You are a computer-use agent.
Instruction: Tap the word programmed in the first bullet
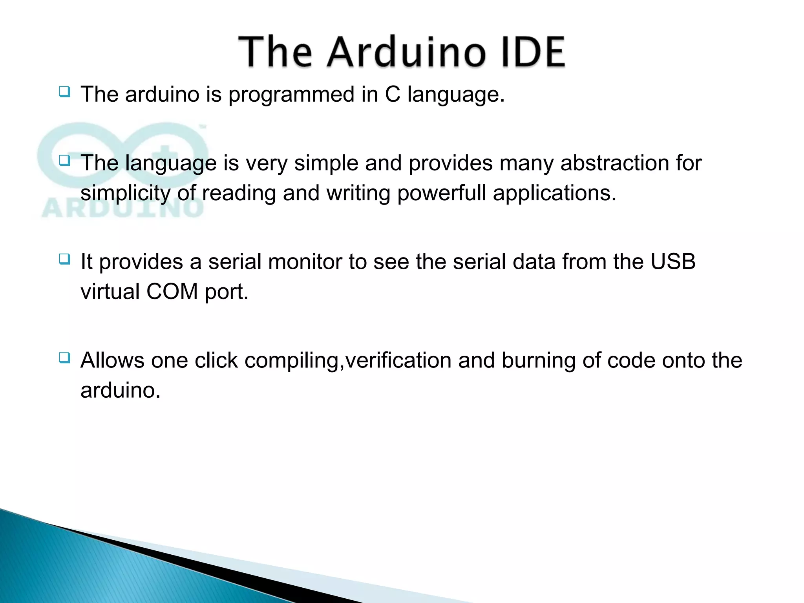[291, 95]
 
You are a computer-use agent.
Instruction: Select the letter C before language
[392, 95]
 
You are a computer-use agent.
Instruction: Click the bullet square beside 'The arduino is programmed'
[64, 92]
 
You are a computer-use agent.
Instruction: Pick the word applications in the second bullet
[554, 193]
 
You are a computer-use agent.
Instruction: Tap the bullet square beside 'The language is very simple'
[64, 161]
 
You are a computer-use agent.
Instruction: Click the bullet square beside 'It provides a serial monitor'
[64, 259]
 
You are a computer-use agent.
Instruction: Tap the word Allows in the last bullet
[112, 360]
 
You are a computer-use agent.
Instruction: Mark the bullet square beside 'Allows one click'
[64, 358]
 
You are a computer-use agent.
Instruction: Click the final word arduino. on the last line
[121, 390]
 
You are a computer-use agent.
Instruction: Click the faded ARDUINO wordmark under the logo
[122, 208]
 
